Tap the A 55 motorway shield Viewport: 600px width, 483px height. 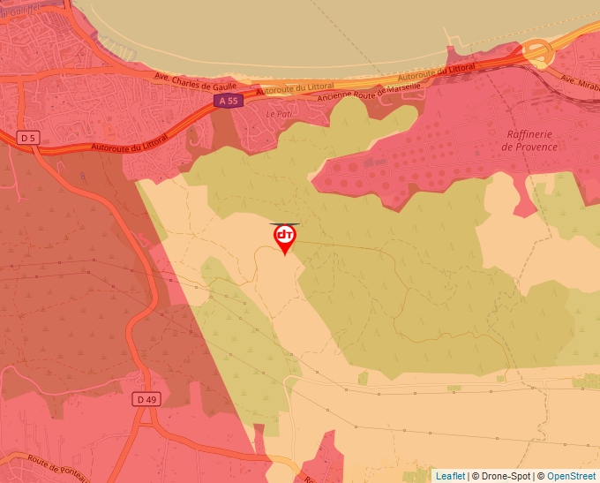pos(227,102)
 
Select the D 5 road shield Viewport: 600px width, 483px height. pos(29,137)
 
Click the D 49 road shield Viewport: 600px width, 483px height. pos(147,400)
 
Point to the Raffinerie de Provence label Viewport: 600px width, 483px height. pos(529,140)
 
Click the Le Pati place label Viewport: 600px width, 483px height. pos(278,114)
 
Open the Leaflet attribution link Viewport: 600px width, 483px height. pos(450,476)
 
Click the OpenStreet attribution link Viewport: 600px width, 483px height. pos(571,476)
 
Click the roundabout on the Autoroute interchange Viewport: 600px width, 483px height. pos(537,53)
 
